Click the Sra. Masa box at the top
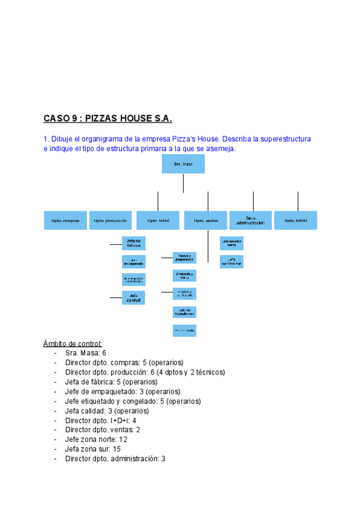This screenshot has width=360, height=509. (x=183, y=164)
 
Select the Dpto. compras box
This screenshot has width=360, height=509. (x=66, y=220)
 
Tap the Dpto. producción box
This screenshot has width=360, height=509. (x=110, y=220)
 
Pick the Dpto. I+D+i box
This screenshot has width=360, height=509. (x=158, y=220)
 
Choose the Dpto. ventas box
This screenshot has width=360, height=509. (x=206, y=220)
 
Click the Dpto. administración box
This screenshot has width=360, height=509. (x=251, y=220)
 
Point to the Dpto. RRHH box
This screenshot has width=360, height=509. (x=296, y=220)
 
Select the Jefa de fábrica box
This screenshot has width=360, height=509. (x=134, y=243)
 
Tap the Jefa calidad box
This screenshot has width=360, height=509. (x=134, y=297)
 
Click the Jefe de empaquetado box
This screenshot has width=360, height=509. (x=134, y=262)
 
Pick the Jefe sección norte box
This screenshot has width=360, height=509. (x=232, y=244)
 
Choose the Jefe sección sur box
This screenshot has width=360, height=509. (x=232, y=262)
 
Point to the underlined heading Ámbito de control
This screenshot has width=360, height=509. (x=73, y=343)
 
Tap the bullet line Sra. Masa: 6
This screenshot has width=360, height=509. (x=86, y=353)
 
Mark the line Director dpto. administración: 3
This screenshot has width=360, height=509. (x=115, y=459)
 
